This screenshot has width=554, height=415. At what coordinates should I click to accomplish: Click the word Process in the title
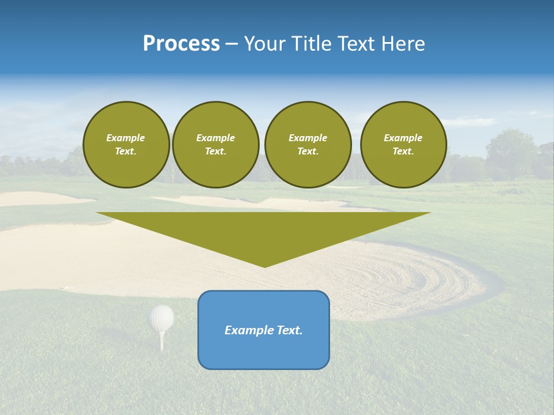pyautogui.click(x=181, y=44)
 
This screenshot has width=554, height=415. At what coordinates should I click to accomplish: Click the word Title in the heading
pyautogui.click(x=310, y=44)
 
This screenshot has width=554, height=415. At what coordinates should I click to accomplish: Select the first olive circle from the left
pyautogui.click(x=126, y=145)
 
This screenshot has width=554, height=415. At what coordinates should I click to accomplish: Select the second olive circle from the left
pyautogui.click(x=215, y=145)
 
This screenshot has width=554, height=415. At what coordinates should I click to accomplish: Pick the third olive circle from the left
pyautogui.click(x=308, y=145)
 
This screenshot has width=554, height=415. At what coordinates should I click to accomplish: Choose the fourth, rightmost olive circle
pyautogui.click(x=403, y=145)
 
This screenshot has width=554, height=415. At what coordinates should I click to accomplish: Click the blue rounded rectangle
pyautogui.click(x=264, y=352)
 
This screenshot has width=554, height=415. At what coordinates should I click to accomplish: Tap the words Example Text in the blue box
pyautogui.click(x=264, y=330)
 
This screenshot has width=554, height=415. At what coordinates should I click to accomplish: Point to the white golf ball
pyautogui.click(x=162, y=317)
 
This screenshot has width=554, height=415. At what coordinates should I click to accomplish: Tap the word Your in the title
pyautogui.click(x=264, y=44)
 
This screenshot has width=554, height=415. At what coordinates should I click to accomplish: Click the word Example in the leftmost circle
pyautogui.click(x=126, y=138)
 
